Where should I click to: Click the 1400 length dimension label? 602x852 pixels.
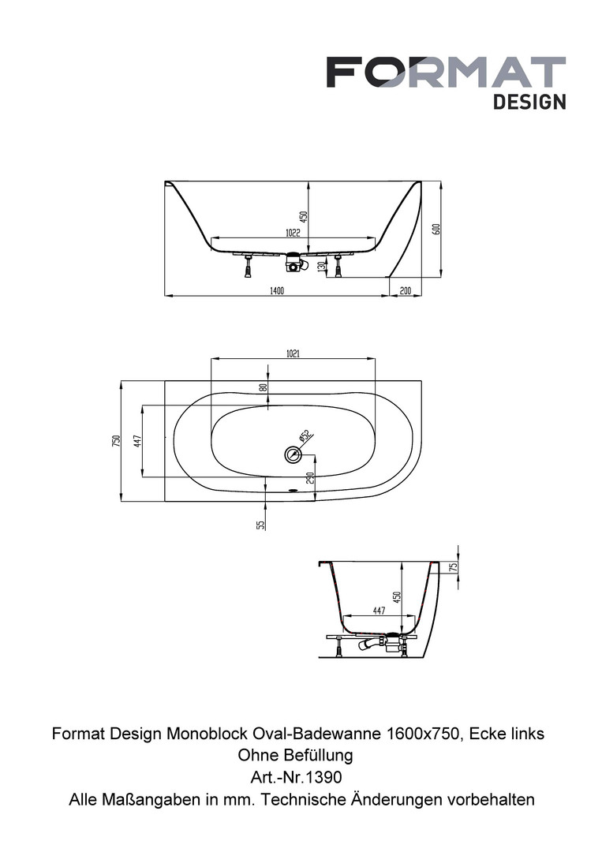click(277, 290)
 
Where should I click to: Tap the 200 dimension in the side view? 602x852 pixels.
click(406, 290)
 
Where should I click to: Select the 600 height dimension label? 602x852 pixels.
click(436, 229)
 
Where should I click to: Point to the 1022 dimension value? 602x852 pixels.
click(292, 233)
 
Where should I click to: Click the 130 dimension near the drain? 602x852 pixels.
click(321, 267)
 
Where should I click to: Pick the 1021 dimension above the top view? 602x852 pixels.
click(292, 353)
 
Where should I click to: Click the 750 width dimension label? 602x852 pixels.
click(116, 441)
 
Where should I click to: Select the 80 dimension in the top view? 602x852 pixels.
click(263, 388)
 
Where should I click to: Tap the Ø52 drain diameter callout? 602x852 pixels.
click(304, 435)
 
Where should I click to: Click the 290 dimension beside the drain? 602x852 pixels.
click(310, 477)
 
